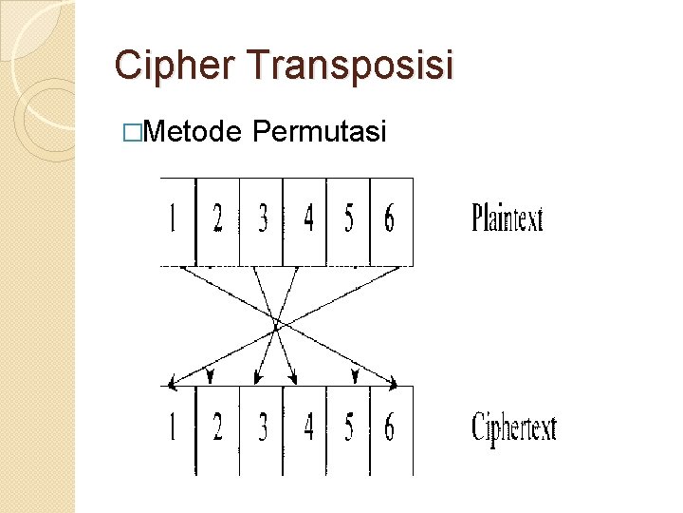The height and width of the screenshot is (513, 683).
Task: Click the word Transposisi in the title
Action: [x=350, y=66]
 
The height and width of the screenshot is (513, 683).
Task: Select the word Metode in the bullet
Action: [x=194, y=131]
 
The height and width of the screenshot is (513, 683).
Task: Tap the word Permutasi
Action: [x=321, y=131]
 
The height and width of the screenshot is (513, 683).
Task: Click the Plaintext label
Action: [x=508, y=219]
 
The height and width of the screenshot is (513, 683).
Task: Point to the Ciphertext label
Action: [x=514, y=428]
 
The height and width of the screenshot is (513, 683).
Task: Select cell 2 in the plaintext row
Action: [x=217, y=220]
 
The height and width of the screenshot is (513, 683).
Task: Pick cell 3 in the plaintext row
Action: [x=262, y=220]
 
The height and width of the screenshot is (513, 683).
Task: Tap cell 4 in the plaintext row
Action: [x=305, y=220]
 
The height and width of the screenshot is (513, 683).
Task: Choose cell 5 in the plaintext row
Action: [x=348, y=220]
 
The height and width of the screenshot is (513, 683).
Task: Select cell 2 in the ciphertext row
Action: [x=217, y=429]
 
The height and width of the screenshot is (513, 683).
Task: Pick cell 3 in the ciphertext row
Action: [x=262, y=429]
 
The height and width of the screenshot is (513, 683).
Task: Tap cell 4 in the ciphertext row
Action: [x=305, y=429]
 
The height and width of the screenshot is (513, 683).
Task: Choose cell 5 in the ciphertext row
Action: [x=348, y=429]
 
